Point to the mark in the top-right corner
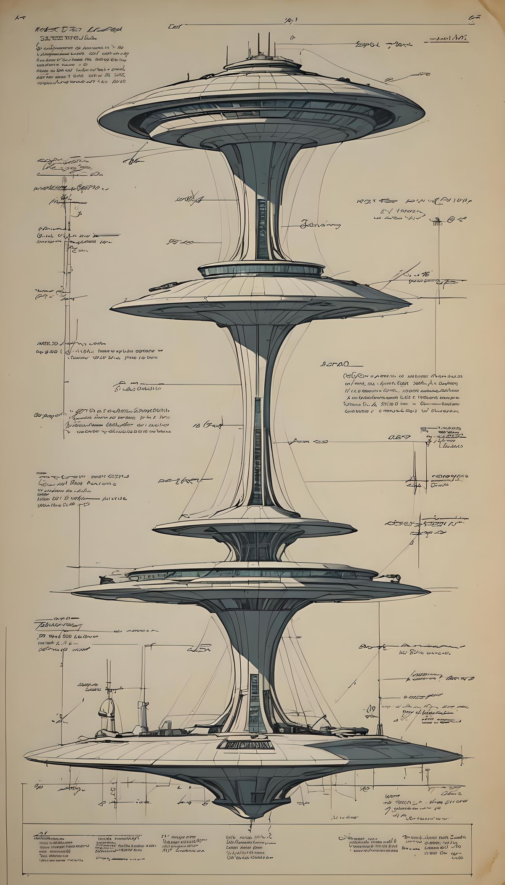click(474, 18)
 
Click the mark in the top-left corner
click(20, 18)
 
